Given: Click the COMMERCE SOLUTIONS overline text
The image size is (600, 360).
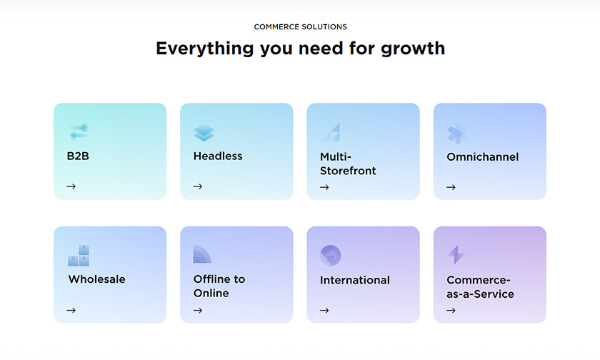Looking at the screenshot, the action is (301, 26).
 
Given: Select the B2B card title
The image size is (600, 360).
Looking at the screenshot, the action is (78, 156).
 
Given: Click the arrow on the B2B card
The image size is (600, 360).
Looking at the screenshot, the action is (71, 186).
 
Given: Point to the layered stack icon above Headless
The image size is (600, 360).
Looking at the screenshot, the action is (204, 133).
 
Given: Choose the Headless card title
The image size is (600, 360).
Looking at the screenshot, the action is (218, 156).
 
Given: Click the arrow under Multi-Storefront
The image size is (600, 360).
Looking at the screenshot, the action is (324, 187).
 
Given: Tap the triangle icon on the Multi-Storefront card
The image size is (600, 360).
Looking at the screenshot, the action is (332, 132).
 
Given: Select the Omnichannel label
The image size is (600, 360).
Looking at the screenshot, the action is (483, 157).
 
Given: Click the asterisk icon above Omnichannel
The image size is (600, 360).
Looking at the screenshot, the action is (458, 134).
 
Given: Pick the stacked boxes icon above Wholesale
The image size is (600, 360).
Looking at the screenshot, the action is (79, 256).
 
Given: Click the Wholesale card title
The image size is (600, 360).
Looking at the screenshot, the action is (97, 279).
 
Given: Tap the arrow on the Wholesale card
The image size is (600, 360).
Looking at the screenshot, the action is (71, 310).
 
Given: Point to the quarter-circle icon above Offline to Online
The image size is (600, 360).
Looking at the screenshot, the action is (202, 254).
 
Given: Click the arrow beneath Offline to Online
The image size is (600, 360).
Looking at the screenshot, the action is (198, 310).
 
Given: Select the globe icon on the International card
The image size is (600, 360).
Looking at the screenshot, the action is (330, 256).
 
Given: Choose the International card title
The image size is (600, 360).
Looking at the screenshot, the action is (355, 280).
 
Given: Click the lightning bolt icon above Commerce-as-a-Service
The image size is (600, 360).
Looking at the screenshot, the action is (456, 255).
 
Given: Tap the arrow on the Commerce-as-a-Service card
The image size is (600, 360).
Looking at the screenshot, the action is (451, 310).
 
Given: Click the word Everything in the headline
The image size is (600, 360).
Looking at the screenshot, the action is (205, 49).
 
